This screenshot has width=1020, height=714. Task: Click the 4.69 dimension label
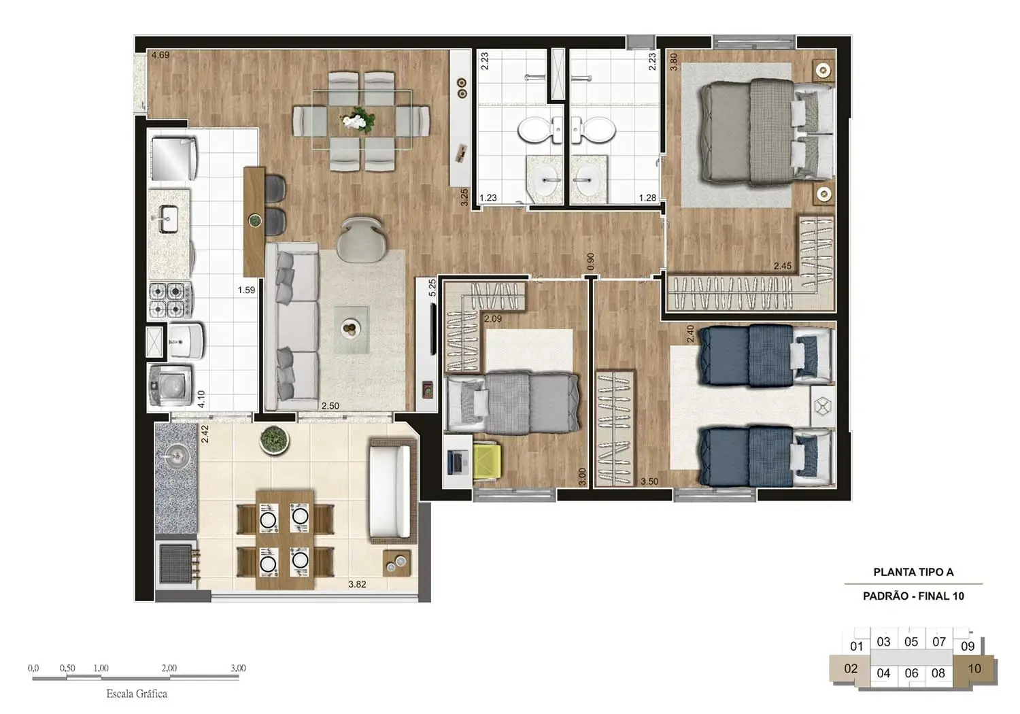(x=160, y=55)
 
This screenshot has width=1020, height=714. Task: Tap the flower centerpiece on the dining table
(x=359, y=120)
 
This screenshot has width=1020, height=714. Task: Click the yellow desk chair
(x=488, y=462)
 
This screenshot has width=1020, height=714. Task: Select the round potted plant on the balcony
(x=274, y=440)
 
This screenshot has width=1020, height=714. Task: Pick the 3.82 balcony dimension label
(x=357, y=584)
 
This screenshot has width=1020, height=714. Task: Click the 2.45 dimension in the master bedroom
(x=782, y=266)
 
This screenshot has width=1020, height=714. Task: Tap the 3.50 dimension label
(x=649, y=481)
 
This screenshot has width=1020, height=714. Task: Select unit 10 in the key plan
(x=974, y=668)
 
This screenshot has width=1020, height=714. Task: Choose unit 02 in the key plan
(x=851, y=668)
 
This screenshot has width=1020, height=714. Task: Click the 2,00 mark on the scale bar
(x=169, y=668)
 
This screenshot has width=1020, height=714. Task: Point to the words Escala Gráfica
(x=137, y=694)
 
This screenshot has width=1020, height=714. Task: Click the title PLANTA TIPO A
(x=913, y=573)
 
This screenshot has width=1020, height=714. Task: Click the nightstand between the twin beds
(x=823, y=407)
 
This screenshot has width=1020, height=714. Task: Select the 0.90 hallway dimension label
(x=591, y=261)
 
